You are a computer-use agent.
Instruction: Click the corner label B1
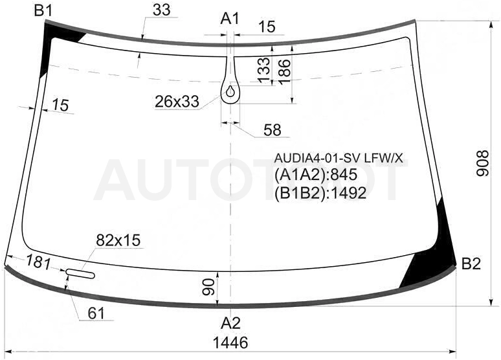click(x=43, y=11)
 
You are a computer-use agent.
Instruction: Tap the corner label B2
click(x=471, y=264)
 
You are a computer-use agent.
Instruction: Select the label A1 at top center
click(x=230, y=19)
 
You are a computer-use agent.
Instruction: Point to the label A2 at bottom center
click(x=230, y=324)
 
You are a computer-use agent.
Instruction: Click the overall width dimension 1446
click(x=230, y=343)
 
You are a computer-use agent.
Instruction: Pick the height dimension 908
click(x=483, y=163)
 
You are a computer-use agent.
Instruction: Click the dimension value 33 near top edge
click(x=162, y=10)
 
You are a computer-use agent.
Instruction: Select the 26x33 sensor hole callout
click(x=177, y=102)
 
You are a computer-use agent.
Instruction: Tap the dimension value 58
click(x=273, y=130)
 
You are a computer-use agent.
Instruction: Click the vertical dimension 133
click(x=264, y=70)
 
